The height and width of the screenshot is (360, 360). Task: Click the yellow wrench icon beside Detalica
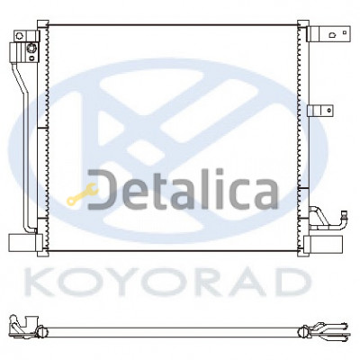point(83,194)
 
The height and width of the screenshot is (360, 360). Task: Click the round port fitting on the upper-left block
point(31,48)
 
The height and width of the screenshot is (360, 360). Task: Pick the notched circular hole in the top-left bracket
point(20,35)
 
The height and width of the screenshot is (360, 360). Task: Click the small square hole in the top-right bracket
point(345,32)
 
